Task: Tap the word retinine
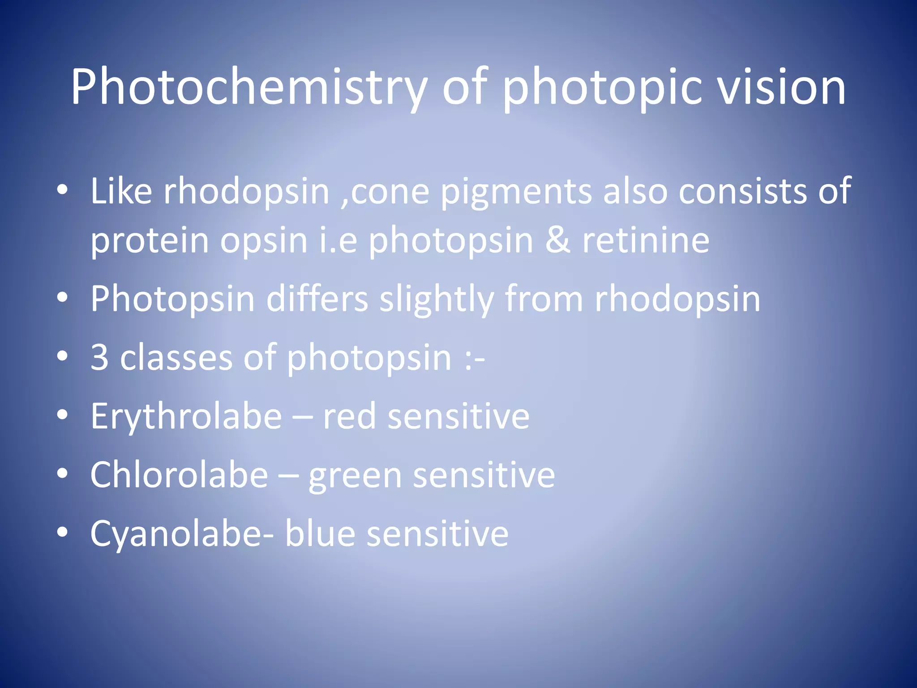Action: (x=646, y=241)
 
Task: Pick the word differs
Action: (x=317, y=299)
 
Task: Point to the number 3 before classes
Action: (x=99, y=357)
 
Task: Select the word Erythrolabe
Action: (x=186, y=417)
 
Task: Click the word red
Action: (x=349, y=417)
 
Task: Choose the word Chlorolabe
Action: (x=179, y=475)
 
